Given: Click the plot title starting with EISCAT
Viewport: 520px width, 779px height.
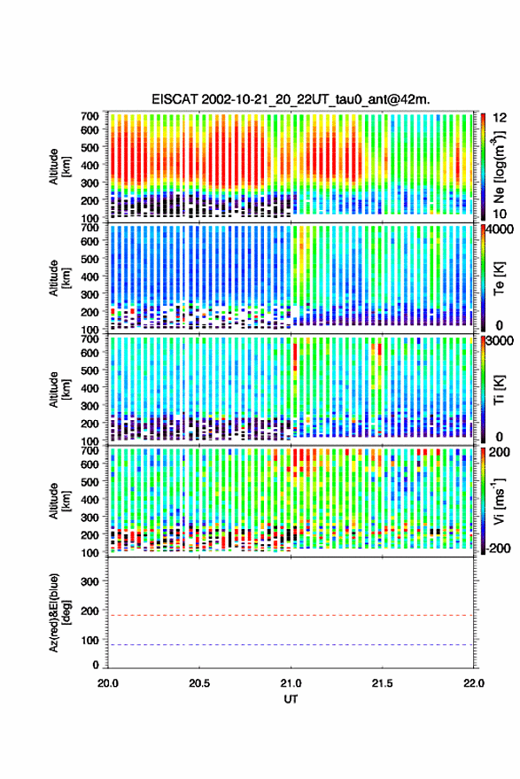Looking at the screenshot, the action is click(291, 99).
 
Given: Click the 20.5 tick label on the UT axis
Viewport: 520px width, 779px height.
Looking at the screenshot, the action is click(199, 683).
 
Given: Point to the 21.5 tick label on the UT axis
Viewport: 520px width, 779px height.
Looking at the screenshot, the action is click(382, 683).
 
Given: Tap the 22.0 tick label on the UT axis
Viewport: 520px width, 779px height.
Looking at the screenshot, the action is click(473, 683).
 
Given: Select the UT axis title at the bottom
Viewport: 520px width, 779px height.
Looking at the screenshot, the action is click(291, 699).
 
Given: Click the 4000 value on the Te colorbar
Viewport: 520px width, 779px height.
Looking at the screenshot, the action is click(500, 229).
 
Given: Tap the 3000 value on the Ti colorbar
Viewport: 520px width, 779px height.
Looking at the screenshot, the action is click(500, 340).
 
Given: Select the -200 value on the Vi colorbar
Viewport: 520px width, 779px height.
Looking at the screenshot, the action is click(498, 548).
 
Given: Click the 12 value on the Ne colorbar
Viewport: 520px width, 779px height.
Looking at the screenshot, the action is click(500, 118).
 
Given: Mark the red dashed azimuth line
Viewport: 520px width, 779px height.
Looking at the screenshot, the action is click(291, 615).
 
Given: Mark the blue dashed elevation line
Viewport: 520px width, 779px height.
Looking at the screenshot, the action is click(291, 645).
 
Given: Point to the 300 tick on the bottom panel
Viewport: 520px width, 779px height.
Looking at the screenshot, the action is click(89, 581).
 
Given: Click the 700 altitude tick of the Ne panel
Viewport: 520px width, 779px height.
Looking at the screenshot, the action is click(89, 116).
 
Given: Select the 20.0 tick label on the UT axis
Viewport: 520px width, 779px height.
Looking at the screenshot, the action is click(108, 683).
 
